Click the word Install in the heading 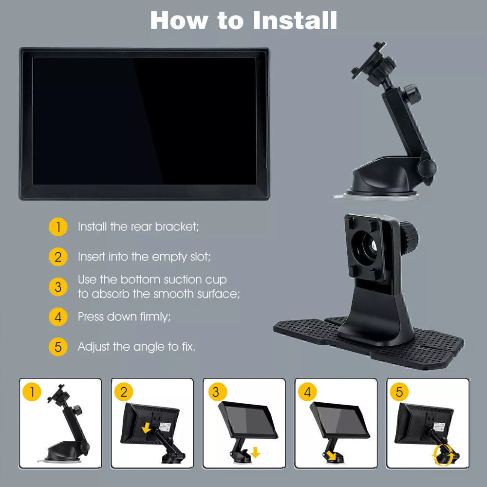(x=295, y=20)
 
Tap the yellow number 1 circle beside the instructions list (x=58, y=227)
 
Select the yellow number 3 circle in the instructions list (x=58, y=287)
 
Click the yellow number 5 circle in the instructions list (x=58, y=347)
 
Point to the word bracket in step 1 (x=177, y=227)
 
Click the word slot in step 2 (x=200, y=257)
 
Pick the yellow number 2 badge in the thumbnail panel (x=124, y=392)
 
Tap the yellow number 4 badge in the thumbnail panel (x=307, y=392)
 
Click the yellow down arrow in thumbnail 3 (x=255, y=452)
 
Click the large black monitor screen (x=145, y=121)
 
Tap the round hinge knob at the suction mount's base (x=427, y=169)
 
